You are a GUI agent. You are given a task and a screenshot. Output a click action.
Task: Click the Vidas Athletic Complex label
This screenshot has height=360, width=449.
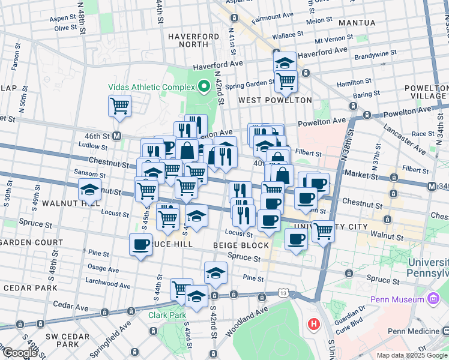[x=152, y=86]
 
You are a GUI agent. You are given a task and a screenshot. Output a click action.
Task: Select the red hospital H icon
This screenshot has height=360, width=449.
[x=313, y=325]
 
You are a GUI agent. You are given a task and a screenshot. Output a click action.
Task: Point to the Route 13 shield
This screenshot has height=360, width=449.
[x=283, y=293]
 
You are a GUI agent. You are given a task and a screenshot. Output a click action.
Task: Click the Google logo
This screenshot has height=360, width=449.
[x=19, y=353]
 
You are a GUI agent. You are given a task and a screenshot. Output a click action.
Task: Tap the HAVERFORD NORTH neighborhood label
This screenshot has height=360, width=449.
[x=193, y=40]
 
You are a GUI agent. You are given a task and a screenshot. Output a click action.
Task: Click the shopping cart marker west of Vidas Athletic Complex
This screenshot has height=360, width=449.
[x=119, y=106]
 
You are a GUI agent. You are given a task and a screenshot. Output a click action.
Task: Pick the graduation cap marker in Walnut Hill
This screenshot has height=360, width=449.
[x=89, y=191]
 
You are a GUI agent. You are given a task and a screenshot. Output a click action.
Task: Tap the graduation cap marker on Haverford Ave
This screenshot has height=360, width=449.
[x=285, y=62]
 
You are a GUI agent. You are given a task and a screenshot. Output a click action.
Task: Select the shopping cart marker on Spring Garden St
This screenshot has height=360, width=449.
[x=286, y=80]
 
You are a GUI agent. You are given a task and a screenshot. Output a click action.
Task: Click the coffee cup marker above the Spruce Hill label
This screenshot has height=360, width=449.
[x=141, y=244]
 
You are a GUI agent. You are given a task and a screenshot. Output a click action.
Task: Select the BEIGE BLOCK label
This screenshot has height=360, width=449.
[x=241, y=246]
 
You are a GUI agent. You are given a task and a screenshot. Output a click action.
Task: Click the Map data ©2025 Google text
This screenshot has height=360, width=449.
[x=412, y=355]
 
